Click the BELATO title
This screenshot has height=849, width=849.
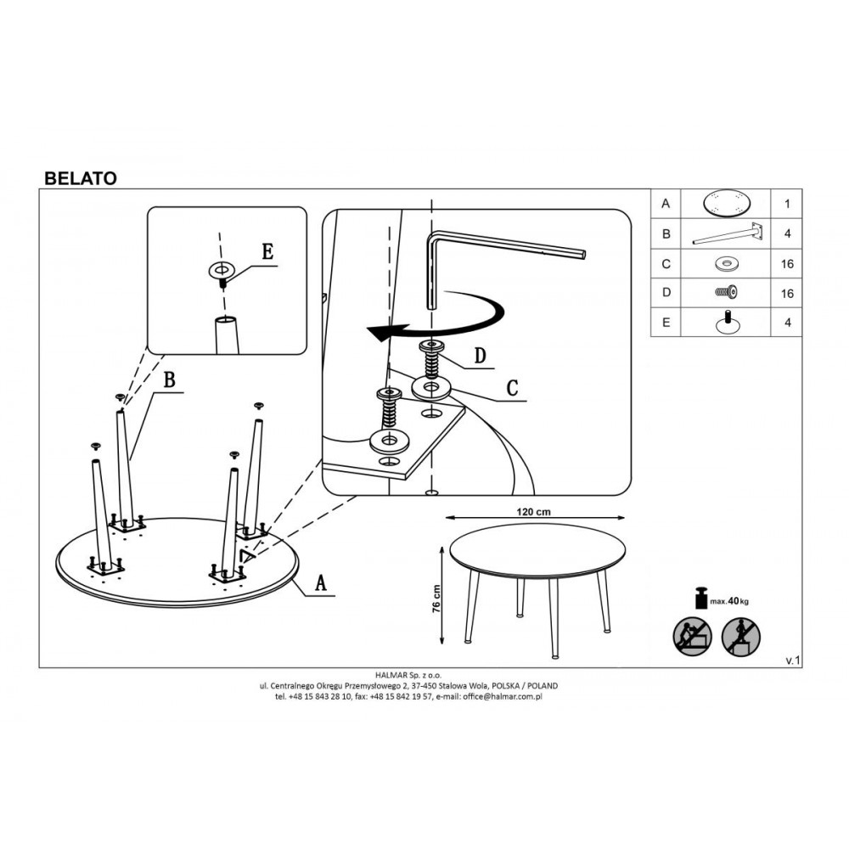point(80,178)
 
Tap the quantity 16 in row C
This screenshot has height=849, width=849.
point(787,264)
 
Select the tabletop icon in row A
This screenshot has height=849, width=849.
point(726,204)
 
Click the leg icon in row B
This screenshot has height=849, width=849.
point(730,234)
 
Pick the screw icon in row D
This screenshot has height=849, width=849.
point(726,292)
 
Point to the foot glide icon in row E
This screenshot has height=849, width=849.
point(728,322)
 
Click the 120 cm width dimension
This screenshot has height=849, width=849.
point(533,512)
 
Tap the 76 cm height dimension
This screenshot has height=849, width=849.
point(437,599)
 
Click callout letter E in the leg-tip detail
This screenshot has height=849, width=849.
point(267,252)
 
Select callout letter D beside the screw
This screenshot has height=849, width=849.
point(481,357)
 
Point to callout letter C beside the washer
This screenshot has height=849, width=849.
point(512,388)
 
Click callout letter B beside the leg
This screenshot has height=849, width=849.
point(170,380)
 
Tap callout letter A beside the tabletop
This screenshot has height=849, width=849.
point(321,583)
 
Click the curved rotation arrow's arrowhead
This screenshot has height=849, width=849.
point(379,332)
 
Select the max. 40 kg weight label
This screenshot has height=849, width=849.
point(729,601)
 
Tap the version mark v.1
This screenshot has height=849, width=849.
point(792,661)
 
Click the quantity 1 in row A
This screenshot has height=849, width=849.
point(787,204)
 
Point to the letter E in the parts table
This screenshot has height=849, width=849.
point(666,322)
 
